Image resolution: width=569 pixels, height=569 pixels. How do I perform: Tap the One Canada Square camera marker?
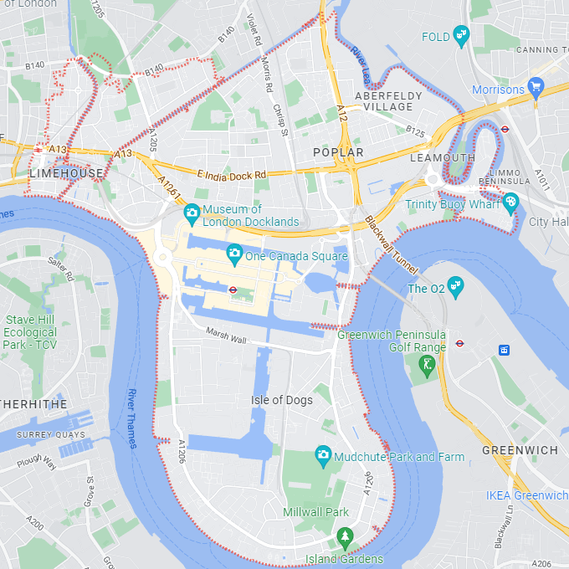click(x=234, y=252)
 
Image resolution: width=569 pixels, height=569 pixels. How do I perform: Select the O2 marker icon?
click(x=455, y=288)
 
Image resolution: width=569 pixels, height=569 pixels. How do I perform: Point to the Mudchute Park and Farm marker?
click(x=323, y=456)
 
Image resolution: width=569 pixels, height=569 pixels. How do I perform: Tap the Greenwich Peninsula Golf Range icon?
click(x=428, y=365)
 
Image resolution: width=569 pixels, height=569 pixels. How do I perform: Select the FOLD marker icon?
click(x=461, y=36)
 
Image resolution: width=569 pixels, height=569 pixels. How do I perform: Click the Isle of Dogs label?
click(x=282, y=400)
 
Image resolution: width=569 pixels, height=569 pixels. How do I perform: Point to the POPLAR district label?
click(x=338, y=152)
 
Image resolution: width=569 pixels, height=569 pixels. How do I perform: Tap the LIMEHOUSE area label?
click(x=66, y=173)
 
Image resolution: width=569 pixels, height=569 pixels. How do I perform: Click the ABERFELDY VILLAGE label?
click(x=383, y=101)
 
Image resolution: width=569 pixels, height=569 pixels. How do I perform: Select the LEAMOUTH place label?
click(x=443, y=157)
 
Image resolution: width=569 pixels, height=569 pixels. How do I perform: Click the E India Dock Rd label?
click(x=231, y=174)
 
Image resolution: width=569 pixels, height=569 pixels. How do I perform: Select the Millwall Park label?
click(x=315, y=512)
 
